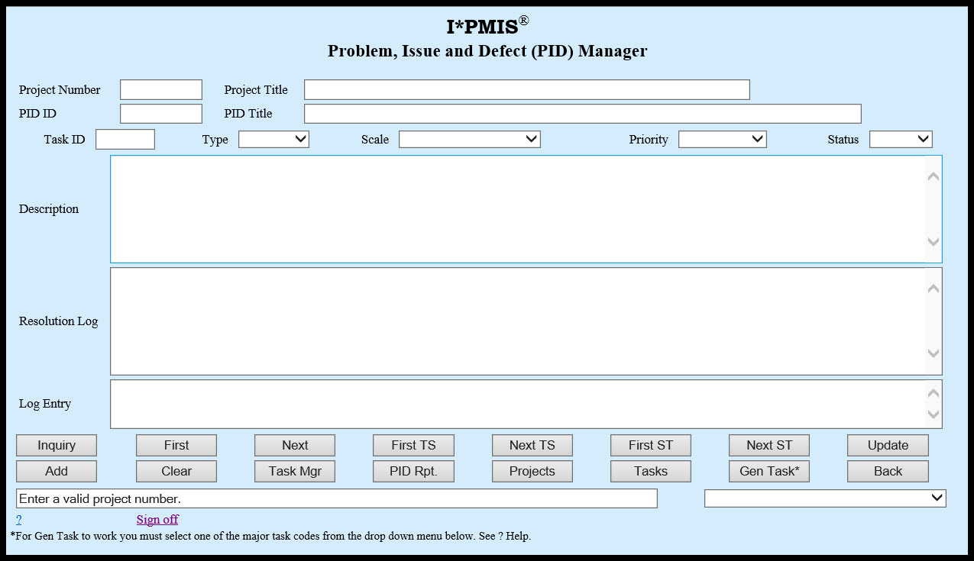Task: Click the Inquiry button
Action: pyautogui.click(x=57, y=445)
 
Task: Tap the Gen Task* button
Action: pyautogui.click(x=769, y=471)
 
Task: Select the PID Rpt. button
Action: pyautogui.click(x=413, y=471)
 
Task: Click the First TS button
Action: pyautogui.click(x=413, y=445)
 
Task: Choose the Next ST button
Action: pyautogui.click(x=769, y=445)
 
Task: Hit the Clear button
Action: pyautogui.click(x=176, y=471)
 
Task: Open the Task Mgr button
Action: pyautogui.click(x=295, y=471)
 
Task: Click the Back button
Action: pyautogui.click(x=888, y=471)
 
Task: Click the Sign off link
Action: pyautogui.click(x=157, y=520)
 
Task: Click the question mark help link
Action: pyautogui.click(x=18, y=520)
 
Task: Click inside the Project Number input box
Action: pyautogui.click(x=161, y=90)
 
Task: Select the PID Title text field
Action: pyautogui.click(x=582, y=114)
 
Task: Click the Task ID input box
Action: pyautogui.click(x=125, y=140)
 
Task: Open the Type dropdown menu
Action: pyautogui.click(x=273, y=140)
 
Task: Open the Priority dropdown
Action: pyautogui.click(x=722, y=140)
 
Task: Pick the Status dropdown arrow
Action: pyautogui.click(x=923, y=140)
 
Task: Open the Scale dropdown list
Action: pyautogui.click(x=469, y=140)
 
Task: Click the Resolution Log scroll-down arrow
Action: pyautogui.click(x=933, y=353)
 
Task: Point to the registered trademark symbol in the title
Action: pyautogui.click(x=523, y=21)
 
